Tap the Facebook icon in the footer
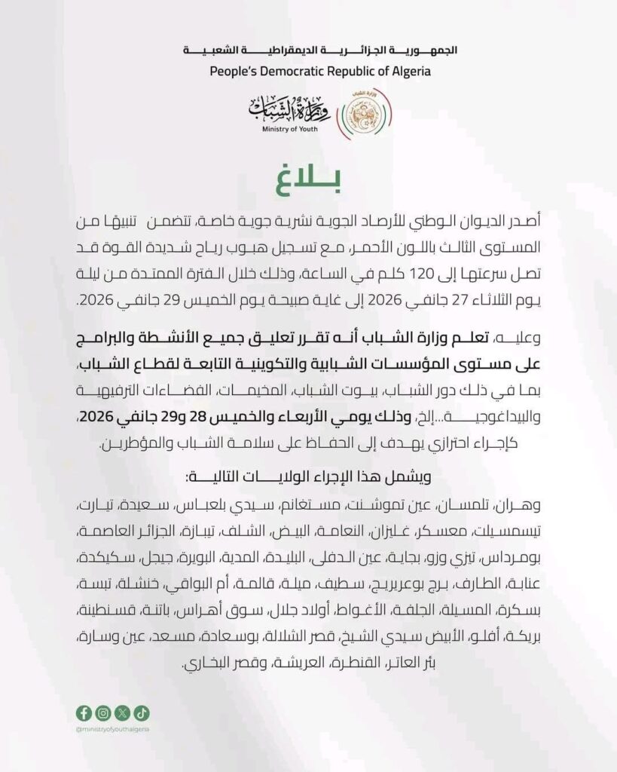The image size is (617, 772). pos(84,713)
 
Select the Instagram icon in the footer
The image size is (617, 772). pos(103,713)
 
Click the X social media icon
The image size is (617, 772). pos(123,713)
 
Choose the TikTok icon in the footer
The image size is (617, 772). pos(142,713)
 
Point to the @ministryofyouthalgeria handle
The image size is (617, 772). pos(113,729)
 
